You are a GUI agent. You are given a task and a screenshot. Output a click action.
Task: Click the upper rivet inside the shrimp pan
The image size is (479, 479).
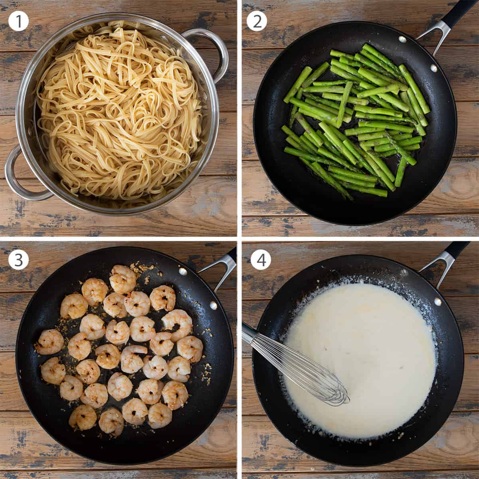pyautogui.click(x=183, y=272)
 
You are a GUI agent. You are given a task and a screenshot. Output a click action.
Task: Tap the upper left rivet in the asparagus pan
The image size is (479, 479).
pyautogui.click(x=402, y=39)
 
